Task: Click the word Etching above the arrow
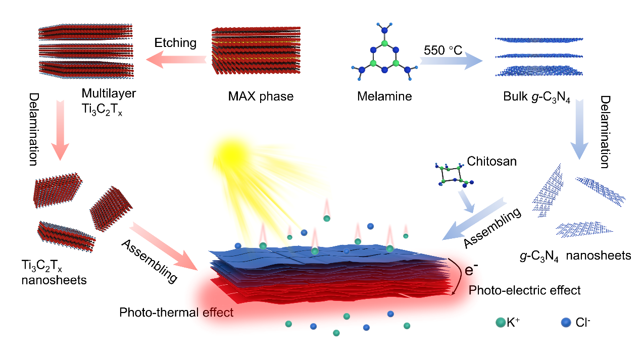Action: [175, 43]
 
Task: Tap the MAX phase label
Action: [261, 96]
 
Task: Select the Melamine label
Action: [384, 96]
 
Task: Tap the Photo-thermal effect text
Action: [176, 313]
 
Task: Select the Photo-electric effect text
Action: [525, 290]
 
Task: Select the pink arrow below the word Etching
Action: [177, 60]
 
